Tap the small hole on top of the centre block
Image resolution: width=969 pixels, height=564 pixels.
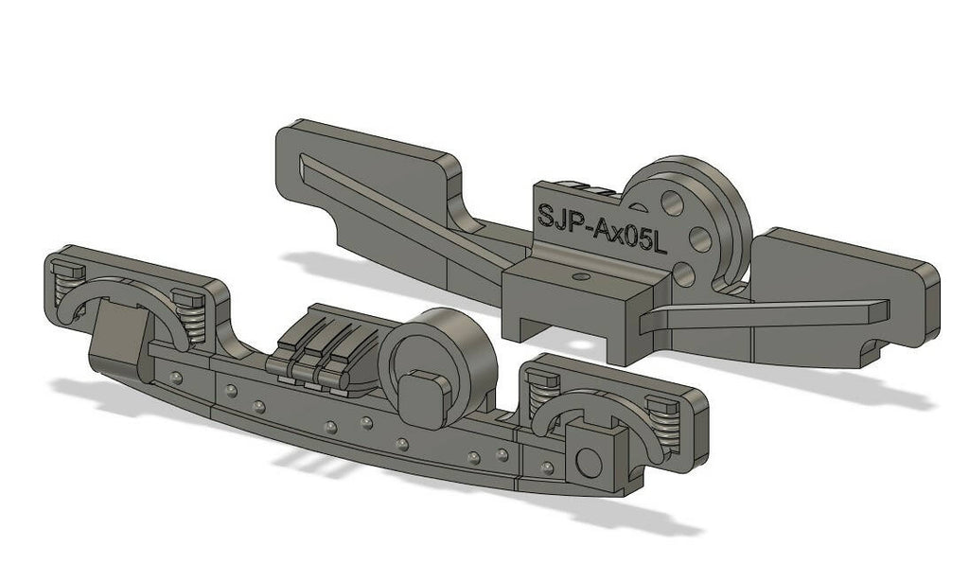(581, 277)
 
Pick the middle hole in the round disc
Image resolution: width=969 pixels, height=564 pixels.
(700, 234)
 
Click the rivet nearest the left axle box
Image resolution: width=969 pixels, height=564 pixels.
(176, 378)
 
